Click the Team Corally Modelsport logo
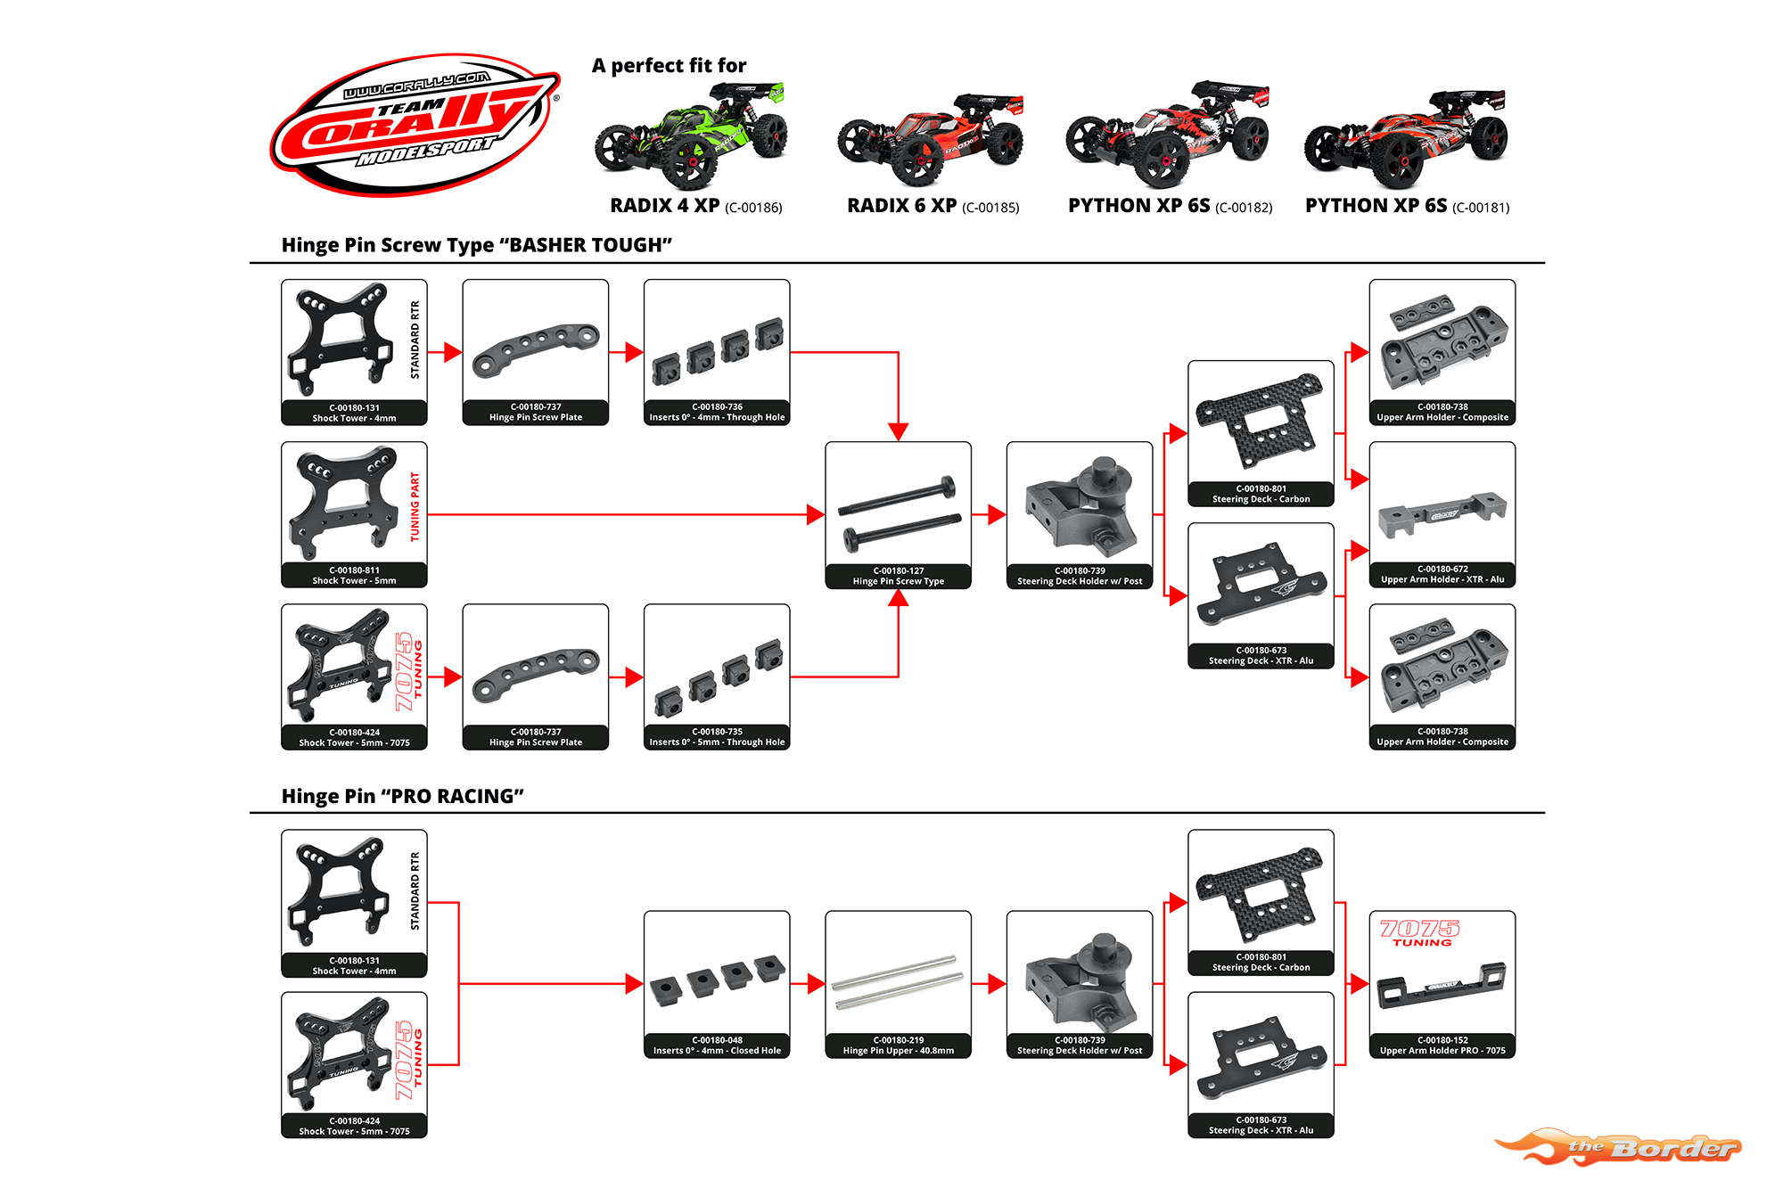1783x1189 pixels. [x=415, y=124]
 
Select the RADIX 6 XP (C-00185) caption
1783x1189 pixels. [x=933, y=206]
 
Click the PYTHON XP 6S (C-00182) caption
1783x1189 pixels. [x=1170, y=206]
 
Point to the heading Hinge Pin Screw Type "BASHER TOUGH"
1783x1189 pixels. [x=477, y=245]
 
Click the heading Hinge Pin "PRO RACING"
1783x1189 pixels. [x=403, y=796]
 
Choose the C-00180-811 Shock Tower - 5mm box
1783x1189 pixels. [x=354, y=515]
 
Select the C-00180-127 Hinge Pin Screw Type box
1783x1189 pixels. [x=898, y=515]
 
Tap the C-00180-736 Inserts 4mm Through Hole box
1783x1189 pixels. [x=717, y=353]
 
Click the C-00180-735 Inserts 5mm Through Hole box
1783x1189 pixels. [x=717, y=677]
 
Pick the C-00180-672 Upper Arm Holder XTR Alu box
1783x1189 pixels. [x=1442, y=515]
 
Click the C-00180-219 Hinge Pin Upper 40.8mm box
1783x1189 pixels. [x=898, y=984]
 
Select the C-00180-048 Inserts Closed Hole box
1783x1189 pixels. [x=717, y=984]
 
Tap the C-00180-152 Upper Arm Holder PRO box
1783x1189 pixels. [x=1442, y=984]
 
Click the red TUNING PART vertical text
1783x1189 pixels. [x=415, y=507]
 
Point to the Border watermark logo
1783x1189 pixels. [x=1619, y=1147]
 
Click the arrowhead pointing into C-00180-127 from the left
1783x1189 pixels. [x=815, y=514]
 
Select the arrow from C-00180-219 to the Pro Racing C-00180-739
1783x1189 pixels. [x=989, y=984]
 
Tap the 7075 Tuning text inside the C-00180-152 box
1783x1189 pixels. [x=1420, y=932]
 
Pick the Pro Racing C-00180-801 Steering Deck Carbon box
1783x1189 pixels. [x=1261, y=903]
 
